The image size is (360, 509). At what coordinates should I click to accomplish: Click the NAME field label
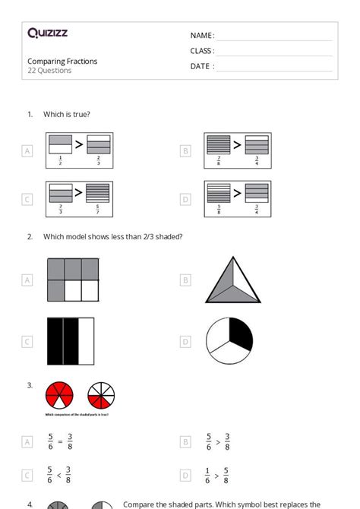coord(202,36)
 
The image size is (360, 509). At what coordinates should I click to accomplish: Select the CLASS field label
coord(202,51)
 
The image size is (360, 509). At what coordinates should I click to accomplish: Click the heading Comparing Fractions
coord(62,62)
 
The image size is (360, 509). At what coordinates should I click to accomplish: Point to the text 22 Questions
coord(49,71)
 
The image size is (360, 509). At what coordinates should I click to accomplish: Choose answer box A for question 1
coord(27,151)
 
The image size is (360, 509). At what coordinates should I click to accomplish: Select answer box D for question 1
coord(185,200)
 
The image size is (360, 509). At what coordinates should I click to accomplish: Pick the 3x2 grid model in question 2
coord(73,280)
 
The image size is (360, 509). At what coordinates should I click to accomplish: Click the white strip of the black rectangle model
coord(87,342)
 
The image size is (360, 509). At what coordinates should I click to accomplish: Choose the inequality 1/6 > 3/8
coord(217,476)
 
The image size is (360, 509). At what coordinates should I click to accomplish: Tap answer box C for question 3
coord(27,476)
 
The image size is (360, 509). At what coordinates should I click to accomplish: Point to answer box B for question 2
coord(185,280)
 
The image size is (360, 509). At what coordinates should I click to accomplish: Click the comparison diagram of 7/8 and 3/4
coord(238,151)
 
